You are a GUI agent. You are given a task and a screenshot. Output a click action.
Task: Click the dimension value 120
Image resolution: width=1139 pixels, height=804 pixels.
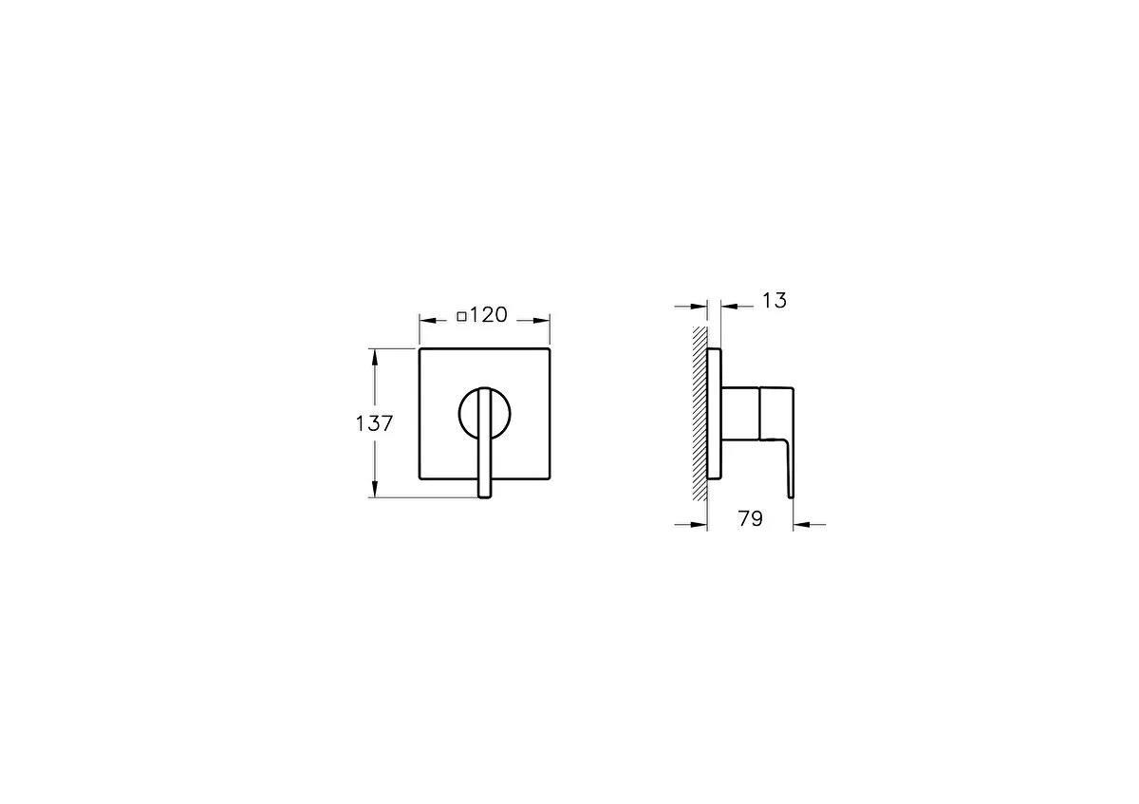[x=489, y=315]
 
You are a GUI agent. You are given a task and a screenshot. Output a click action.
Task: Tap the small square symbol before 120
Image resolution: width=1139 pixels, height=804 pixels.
[x=461, y=317]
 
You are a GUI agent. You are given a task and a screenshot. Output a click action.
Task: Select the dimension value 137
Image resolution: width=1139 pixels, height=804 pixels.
[x=374, y=423]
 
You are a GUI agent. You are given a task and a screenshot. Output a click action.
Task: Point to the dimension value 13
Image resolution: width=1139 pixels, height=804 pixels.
[x=775, y=301]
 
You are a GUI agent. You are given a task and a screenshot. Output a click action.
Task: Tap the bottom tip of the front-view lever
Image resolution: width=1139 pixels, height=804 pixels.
[x=485, y=494]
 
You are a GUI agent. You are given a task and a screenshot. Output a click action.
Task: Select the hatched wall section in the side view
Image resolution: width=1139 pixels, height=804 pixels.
[x=700, y=414]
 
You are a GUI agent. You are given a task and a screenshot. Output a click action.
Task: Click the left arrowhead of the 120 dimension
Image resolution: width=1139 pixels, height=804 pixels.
[x=425, y=320]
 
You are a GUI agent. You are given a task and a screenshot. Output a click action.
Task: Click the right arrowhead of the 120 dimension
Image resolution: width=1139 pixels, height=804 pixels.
[x=545, y=320]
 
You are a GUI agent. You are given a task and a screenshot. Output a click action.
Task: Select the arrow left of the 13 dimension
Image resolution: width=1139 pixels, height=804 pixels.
[x=701, y=306]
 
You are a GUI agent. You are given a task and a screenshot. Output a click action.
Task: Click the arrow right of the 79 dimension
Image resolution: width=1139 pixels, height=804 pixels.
[x=799, y=523]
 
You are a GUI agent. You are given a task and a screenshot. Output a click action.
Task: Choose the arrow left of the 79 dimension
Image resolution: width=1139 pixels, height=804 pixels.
[x=701, y=523]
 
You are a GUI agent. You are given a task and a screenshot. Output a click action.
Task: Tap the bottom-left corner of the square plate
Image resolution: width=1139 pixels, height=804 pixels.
[x=420, y=480]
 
